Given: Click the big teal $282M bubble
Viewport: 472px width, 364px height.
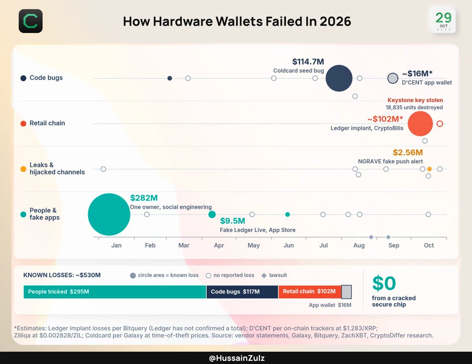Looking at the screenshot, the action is [x=109, y=214].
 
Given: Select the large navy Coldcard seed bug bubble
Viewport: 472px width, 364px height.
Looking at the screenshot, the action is [x=339, y=78].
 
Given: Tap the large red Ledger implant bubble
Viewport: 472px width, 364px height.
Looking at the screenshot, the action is [x=420, y=124].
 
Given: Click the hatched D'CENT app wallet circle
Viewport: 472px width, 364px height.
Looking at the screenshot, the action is [x=393, y=78].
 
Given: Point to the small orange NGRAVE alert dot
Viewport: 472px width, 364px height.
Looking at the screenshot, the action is [x=430, y=169].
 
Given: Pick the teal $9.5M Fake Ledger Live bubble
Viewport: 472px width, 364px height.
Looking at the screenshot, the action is [x=212, y=214].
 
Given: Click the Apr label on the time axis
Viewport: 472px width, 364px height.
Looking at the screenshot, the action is [x=219, y=245].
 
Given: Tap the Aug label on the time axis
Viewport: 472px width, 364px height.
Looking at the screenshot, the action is [x=359, y=245].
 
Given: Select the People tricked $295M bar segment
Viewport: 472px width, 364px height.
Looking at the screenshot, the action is [x=115, y=292].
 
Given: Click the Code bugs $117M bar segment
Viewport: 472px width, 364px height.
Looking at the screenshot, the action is [x=242, y=292].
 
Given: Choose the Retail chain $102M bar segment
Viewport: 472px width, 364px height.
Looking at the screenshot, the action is [x=310, y=292].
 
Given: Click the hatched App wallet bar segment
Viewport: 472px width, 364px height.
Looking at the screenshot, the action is [x=347, y=292].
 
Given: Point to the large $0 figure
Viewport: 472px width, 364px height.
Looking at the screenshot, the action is [x=384, y=283].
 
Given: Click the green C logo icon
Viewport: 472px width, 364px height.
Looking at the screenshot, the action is [x=31, y=21].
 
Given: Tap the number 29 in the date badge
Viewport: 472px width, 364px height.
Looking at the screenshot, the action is [x=444, y=18].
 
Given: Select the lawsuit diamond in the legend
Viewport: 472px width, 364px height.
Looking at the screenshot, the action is [x=264, y=276].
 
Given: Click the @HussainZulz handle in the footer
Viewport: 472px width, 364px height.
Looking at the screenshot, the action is [x=236, y=358].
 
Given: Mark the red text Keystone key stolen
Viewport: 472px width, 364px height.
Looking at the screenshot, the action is [x=415, y=100].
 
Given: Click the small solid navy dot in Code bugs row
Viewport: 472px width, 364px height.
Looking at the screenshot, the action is [x=170, y=78].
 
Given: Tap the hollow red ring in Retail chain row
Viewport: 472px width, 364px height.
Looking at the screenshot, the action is [x=440, y=124].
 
